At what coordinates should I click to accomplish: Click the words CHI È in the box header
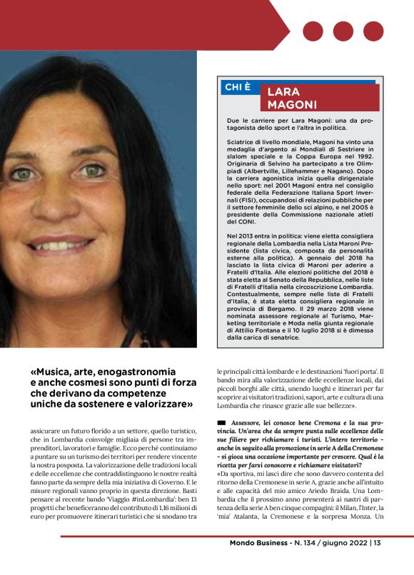[x=238, y=87]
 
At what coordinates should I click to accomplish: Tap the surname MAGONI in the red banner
[x=292, y=105]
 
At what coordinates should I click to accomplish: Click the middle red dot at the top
[x=343, y=31]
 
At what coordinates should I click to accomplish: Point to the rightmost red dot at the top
[x=373, y=31]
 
